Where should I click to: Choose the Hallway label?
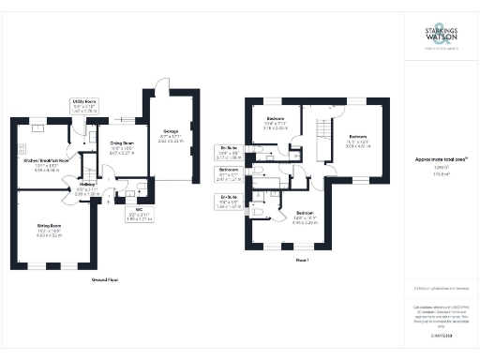(x=88, y=188)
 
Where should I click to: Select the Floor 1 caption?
(x=302, y=259)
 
